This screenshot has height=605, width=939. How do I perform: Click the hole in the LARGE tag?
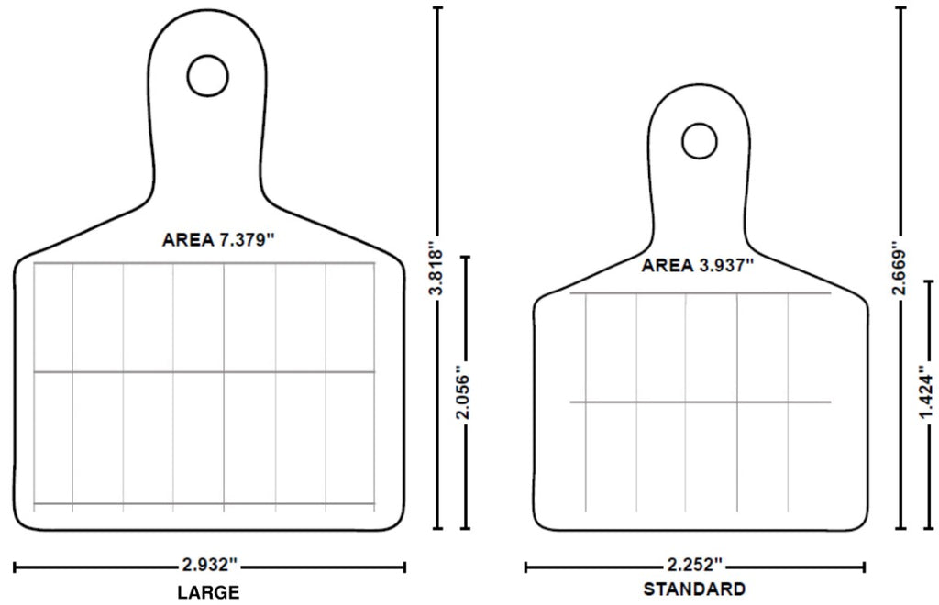coord(207,75)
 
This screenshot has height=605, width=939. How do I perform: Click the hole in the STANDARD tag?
coord(699,140)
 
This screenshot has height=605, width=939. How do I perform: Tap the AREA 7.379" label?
coord(218,240)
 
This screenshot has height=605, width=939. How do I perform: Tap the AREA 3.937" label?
coord(698,265)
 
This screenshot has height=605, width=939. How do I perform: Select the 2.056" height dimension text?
coord(465,394)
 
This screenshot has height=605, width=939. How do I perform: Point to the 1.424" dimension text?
coord(927,393)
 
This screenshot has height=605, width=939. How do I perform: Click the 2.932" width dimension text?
coord(210,566)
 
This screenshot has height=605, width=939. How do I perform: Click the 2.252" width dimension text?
coord(694,566)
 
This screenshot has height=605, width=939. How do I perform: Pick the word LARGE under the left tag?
coord(208,591)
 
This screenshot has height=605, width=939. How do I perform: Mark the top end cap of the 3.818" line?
coord(438,8)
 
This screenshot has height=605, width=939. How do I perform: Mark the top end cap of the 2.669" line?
coord(901,8)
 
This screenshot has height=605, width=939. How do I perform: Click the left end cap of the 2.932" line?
coord(16,567)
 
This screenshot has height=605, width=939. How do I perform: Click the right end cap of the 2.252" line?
coord(863,567)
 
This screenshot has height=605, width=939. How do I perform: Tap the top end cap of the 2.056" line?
coord(465,258)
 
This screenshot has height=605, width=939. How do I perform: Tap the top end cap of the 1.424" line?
coord(927,282)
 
